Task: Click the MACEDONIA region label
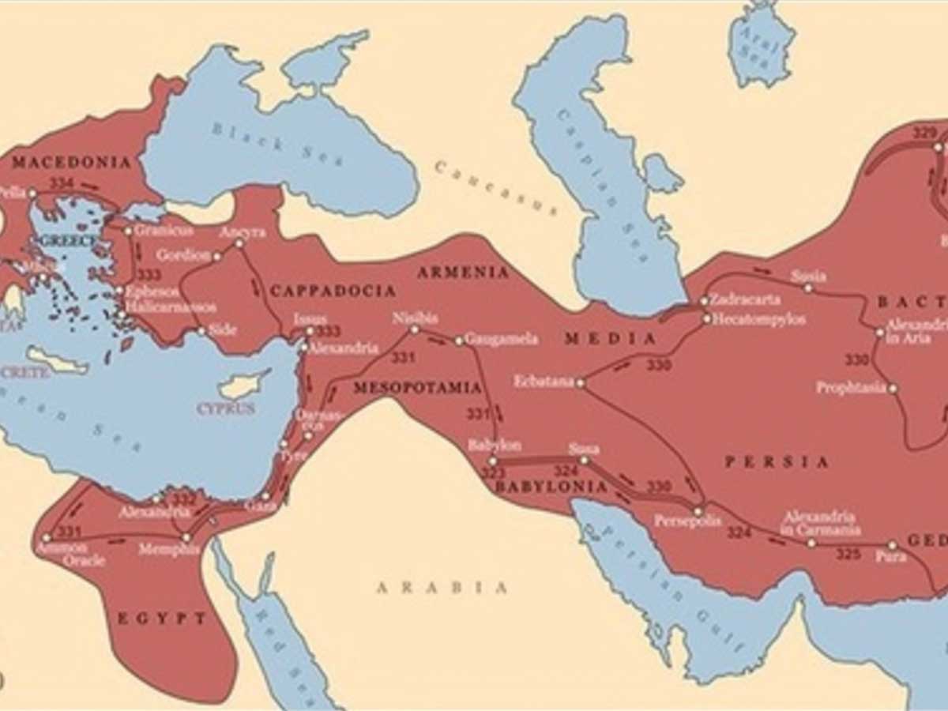coord(71,163)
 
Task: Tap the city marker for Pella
coord(32,194)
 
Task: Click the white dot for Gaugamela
coord(459,340)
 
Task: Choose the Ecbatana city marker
coord(580,383)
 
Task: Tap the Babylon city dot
coord(492,461)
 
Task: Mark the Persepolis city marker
coord(698,511)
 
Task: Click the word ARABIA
coord(442,588)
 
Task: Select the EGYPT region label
coord(162,618)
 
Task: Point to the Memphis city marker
coord(186,537)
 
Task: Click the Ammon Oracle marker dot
coord(46,538)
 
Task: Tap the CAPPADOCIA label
coord(333,292)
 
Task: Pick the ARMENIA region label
coord(463,273)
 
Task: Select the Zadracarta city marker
coord(704,301)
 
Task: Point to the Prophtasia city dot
coord(893,389)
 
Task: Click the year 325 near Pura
coord(848,554)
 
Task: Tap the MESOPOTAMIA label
coord(417,388)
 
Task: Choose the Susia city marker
coord(808,288)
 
